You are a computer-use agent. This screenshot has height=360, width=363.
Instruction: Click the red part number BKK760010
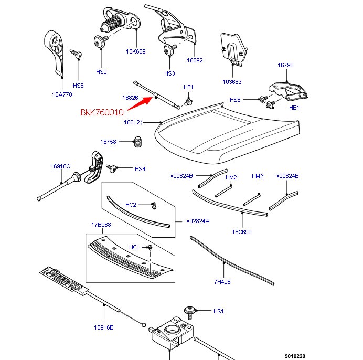pos(102,112)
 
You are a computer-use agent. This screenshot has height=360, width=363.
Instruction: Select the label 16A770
pos(62,95)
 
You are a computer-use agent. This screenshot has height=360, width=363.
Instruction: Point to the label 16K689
pos(135,51)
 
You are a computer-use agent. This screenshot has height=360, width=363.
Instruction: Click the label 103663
pos(231,82)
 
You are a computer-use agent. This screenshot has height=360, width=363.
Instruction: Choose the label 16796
pos(285,66)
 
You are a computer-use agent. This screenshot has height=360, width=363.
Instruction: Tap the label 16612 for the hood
pos(132,122)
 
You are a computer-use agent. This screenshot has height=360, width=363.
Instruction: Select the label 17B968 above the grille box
pos(101,225)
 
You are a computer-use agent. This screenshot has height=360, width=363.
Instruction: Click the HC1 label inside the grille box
pos(134,247)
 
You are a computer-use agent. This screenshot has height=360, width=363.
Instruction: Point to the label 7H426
pos(222,282)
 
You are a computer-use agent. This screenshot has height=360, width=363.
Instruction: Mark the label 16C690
pos(242,231)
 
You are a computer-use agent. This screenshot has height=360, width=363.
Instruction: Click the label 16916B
pos(104,327)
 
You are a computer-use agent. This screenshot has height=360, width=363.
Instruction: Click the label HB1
pos(294,108)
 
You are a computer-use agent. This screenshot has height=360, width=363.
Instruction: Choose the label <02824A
pos(198,221)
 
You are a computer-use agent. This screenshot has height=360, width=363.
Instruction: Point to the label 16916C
pos(60,166)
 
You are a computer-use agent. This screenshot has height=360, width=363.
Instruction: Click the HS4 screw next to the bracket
pos(111,168)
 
